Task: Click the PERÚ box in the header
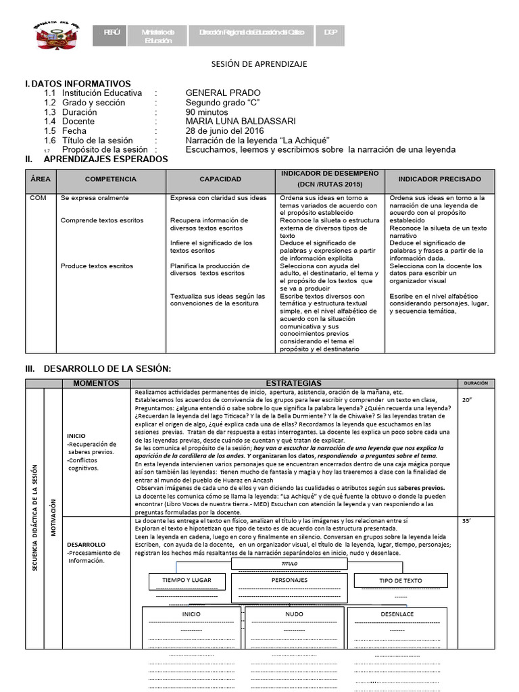tap(112, 32)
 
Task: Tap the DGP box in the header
tap(330, 32)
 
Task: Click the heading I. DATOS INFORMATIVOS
tap(78, 83)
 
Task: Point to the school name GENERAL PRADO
tap(223, 93)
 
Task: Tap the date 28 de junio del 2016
tap(225, 131)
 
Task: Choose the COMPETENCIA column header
tap(110, 179)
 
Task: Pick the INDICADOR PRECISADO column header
tap(439, 179)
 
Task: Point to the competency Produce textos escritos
tap(97, 266)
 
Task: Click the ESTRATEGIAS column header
tap(294, 383)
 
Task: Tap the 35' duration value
tap(466, 522)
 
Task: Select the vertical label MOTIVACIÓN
tap(53, 517)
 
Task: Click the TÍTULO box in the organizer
tap(289, 563)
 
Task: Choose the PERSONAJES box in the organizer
tap(289, 580)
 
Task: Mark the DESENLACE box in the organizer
tap(397, 614)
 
